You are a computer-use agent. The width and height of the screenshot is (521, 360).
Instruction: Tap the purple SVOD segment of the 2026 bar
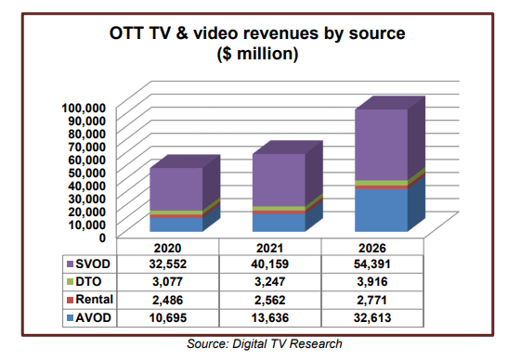tap(381, 144)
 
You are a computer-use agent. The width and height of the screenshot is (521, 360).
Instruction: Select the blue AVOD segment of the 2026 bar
tap(381, 209)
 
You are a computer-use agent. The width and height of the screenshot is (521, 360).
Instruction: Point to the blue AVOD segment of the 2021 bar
tap(279, 222)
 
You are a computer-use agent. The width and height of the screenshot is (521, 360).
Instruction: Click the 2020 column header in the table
tap(176, 248)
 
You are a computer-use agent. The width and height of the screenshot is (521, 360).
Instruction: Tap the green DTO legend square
tap(70, 283)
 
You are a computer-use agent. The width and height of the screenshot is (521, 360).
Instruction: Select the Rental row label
tap(98, 301)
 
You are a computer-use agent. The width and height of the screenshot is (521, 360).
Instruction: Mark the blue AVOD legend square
tap(70, 318)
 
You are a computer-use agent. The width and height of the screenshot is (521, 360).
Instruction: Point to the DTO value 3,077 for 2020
tap(176, 283)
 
